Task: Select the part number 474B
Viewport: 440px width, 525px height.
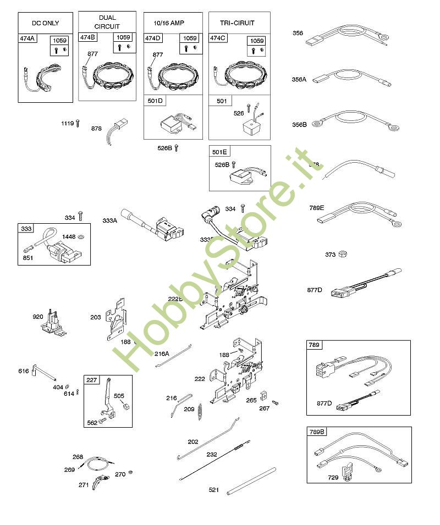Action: click(x=87, y=37)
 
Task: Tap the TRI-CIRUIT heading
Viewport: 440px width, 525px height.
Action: click(x=239, y=23)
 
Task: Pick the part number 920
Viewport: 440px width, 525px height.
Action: click(x=38, y=317)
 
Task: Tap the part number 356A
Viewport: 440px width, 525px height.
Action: click(x=299, y=79)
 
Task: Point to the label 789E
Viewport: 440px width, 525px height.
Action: click(x=317, y=208)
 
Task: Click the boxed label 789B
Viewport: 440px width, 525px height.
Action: click(x=317, y=432)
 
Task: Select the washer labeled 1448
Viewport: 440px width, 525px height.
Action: click(x=81, y=236)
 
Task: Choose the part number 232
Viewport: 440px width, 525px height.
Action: click(x=212, y=455)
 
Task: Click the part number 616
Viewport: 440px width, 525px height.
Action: click(x=23, y=371)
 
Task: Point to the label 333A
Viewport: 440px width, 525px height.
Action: click(x=110, y=220)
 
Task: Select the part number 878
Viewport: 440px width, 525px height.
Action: click(x=97, y=128)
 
